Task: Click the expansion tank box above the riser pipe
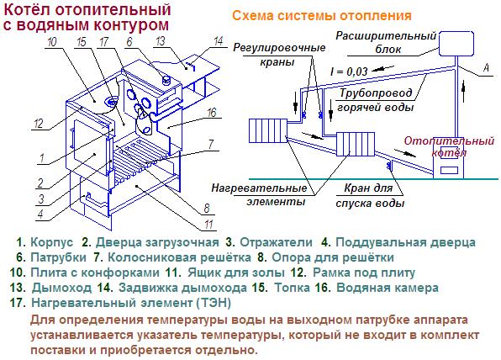(x=456, y=44)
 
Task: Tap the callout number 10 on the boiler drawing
(x=52, y=42)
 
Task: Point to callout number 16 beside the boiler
(x=212, y=113)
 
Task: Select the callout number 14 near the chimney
(x=219, y=41)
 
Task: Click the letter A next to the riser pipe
(x=487, y=68)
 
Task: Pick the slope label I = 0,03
(x=349, y=71)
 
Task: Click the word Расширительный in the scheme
(x=386, y=36)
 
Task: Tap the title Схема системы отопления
(x=322, y=15)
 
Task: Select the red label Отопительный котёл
(x=449, y=146)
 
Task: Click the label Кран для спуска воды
(x=370, y=195)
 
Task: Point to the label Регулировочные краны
(x=279, y=55)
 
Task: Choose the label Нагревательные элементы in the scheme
(x=259, y=194)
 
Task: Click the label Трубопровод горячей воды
(x=376, y=100)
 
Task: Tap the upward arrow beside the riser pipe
(x=464, y=91)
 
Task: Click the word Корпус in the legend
(x=52, y=242)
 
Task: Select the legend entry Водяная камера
(x=388, y=288)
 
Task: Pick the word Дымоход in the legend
(x=61, y=288)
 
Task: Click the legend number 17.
(x=18, y=303)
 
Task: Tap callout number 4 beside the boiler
(x=40, y=214)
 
